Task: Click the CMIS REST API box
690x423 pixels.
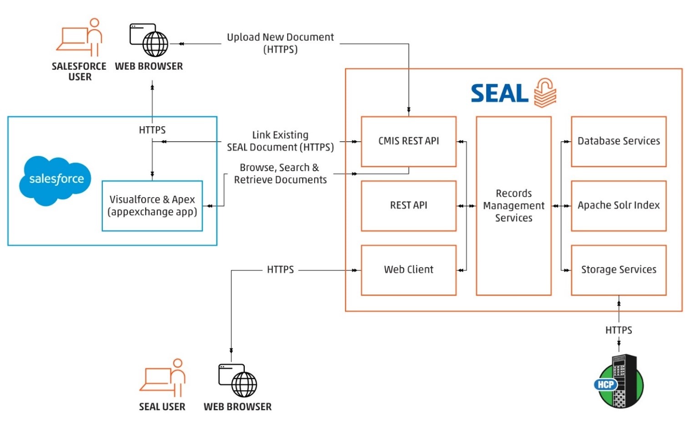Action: click(408, 141)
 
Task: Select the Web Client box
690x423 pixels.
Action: click(408, 270)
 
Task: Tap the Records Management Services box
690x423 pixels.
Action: click(513, 206)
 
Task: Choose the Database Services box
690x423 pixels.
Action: click(618, 141)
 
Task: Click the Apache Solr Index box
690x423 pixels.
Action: click(618, 206)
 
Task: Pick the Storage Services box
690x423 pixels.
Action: click(618, 270)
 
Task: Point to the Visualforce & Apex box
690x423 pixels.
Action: click(152, 206)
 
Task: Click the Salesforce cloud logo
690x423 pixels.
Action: click(56, 180)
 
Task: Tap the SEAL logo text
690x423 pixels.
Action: click(499, 94)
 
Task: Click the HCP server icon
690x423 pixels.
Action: click(619, 382)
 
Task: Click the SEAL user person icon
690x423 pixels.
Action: click(163, 378)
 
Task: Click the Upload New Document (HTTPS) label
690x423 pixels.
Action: click(280, 43)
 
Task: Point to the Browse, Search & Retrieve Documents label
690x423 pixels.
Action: click(280, 173)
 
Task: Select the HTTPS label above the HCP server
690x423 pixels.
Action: click(618, 330)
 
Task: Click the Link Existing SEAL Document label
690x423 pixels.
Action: click(280, 141)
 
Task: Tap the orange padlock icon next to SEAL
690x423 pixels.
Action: click(545, 92)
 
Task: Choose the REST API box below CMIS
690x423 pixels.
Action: click(408, 206)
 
